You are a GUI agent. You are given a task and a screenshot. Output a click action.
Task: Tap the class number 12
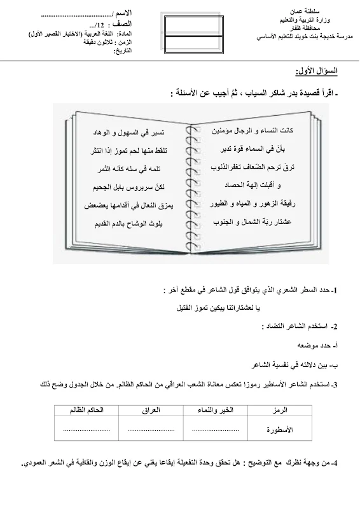pos(104,23)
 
